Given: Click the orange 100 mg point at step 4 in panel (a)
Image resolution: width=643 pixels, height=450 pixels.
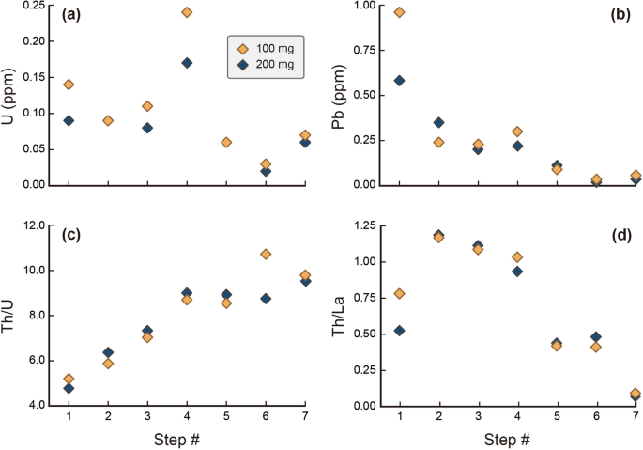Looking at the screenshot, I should click(187, 12).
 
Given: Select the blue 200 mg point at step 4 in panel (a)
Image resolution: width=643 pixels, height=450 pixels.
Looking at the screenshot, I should click(187, 63).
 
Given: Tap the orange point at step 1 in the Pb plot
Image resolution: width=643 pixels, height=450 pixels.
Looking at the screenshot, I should click(399, 12).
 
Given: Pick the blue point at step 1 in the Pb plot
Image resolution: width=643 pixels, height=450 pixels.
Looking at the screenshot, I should click(399, 81).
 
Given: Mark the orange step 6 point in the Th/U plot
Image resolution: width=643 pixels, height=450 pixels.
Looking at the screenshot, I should click(266, 254).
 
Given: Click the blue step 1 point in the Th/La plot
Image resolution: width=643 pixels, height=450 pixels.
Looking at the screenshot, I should click(399, 331).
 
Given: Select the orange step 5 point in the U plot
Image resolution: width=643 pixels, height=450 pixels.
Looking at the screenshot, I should click(226, 142).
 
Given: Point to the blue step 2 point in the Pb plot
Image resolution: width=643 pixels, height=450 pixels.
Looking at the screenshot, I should click(438, 122).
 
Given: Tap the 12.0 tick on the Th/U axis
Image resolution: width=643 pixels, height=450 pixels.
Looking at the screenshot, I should click(34, 225).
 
